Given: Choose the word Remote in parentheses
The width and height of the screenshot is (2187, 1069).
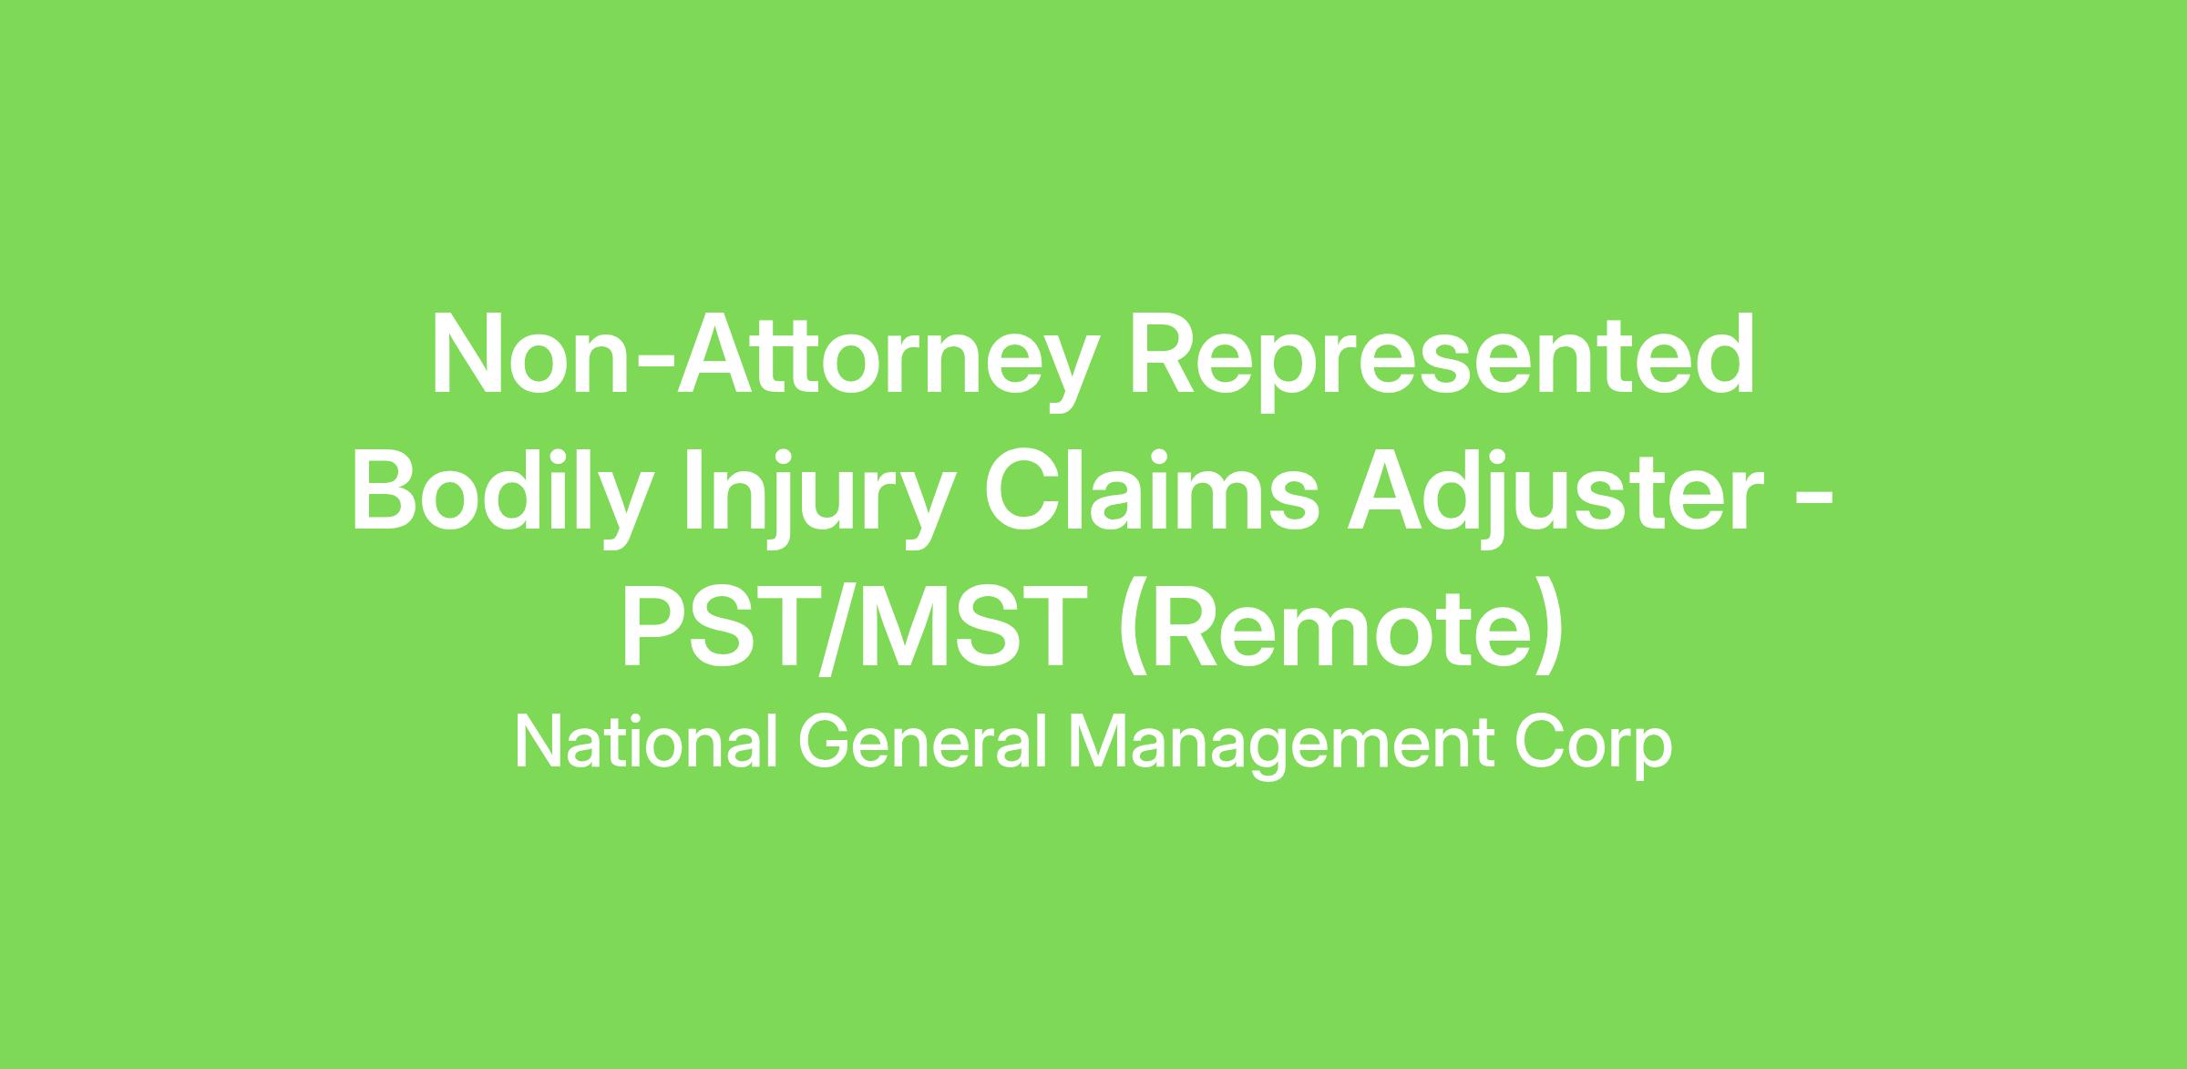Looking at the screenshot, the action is [1341, 630].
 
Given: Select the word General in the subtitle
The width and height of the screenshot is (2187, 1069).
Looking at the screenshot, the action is [922, 743].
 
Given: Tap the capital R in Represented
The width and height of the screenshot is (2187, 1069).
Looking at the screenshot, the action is [1167, 355].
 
